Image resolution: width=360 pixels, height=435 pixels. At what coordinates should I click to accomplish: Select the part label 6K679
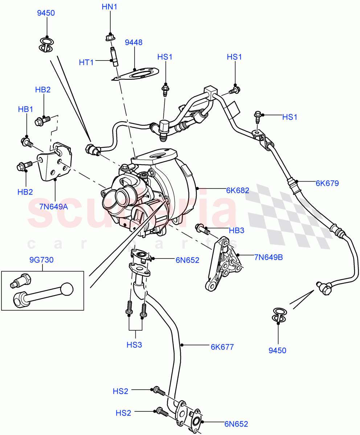327,183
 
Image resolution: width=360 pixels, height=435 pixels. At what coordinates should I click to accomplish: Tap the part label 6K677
222,347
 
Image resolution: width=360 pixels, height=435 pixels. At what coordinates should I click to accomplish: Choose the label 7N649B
268,258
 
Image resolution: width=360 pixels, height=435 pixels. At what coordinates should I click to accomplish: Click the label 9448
134,42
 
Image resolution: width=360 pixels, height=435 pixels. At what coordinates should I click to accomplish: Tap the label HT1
86,62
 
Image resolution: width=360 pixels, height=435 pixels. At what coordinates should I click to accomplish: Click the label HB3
237,230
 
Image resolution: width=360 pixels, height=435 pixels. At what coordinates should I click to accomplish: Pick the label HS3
134,345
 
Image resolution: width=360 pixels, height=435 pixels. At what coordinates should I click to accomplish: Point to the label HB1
26,109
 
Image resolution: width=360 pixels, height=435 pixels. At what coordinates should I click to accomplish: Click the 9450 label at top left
46,13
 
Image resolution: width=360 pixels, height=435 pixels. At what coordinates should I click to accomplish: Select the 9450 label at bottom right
278,350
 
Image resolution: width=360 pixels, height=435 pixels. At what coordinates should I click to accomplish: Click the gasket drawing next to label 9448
136,75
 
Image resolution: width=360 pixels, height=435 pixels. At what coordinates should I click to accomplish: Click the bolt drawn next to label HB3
202,228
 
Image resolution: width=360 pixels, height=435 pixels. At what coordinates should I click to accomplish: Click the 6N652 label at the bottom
236,424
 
